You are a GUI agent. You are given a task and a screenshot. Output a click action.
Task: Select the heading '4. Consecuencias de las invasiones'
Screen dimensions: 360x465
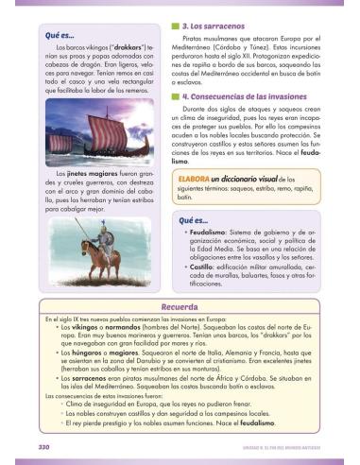coord(249,96)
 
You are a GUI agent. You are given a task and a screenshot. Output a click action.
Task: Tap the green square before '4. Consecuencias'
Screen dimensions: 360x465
coord(176,96)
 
